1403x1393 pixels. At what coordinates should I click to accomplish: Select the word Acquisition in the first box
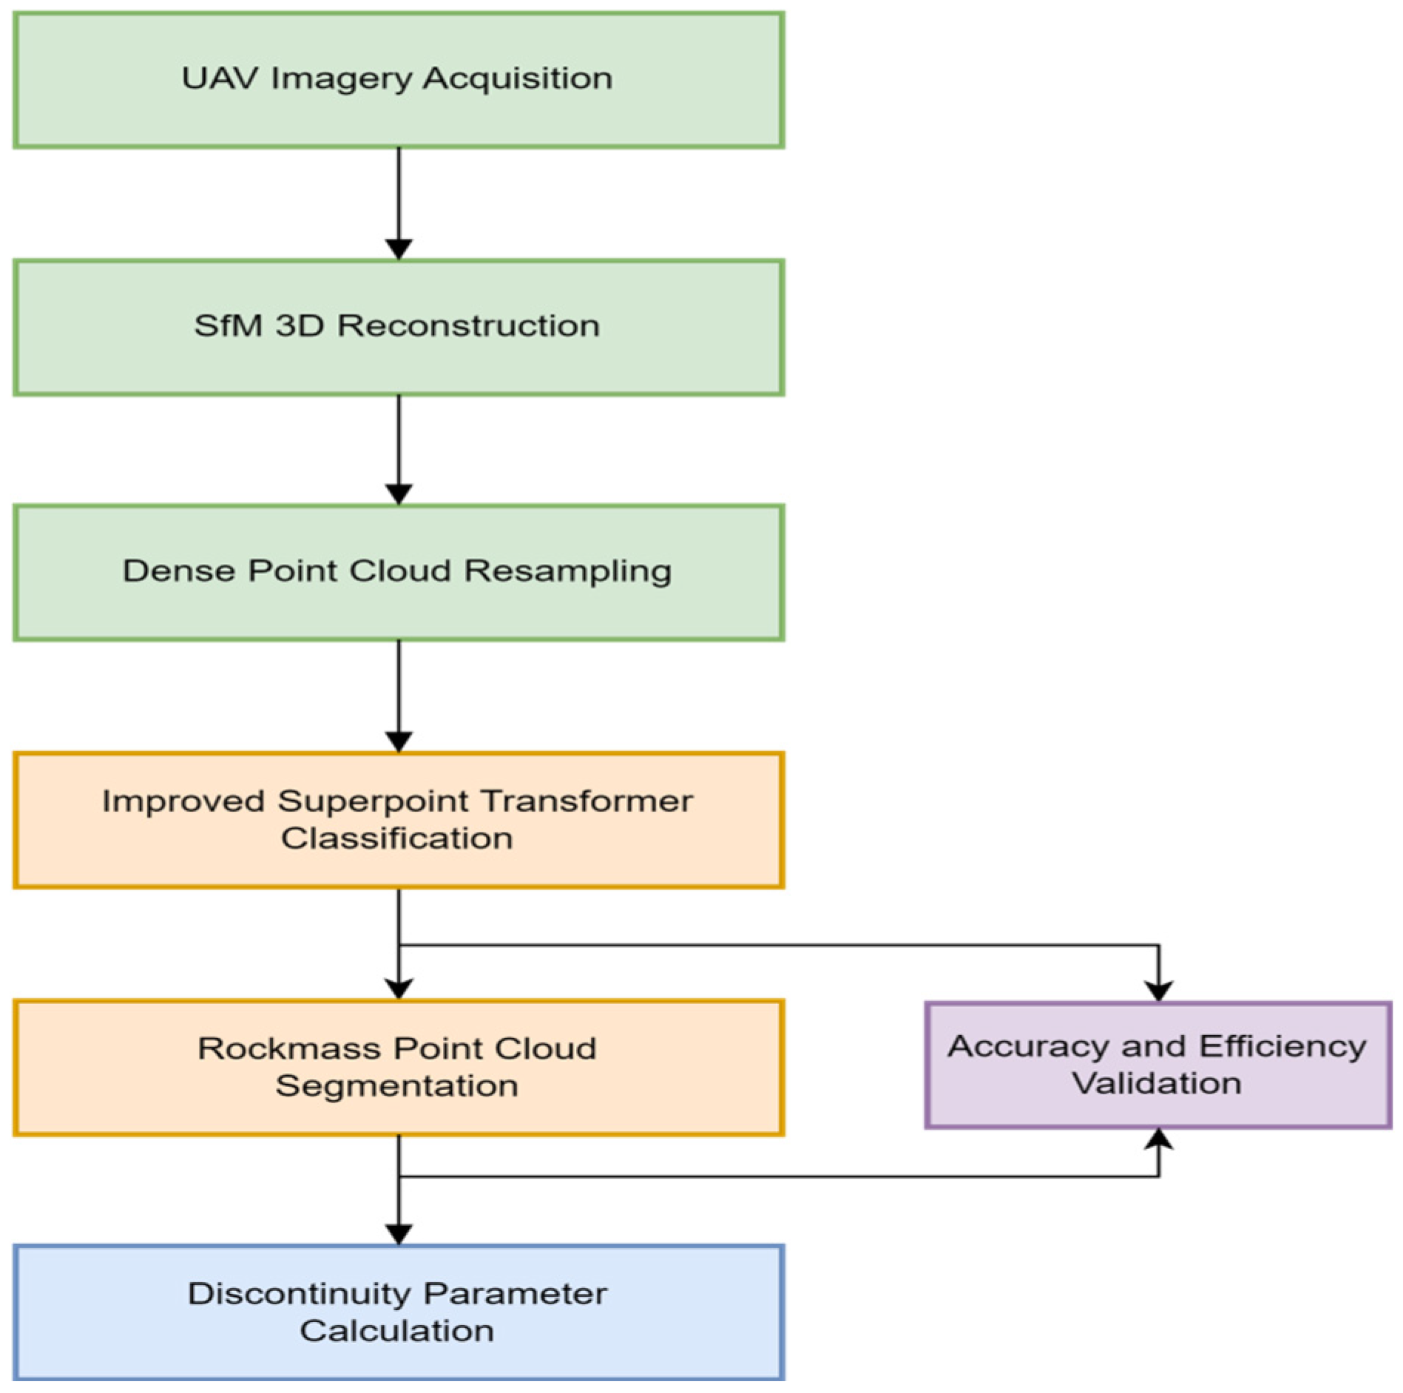tap(517, 78)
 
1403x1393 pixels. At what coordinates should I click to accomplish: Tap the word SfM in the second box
tap(228, 325)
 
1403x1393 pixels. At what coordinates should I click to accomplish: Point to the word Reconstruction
tap(468, 325)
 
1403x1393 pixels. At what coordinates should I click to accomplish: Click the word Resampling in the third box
tap(567, 572)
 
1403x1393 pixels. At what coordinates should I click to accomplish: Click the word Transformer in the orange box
tap(586, 801)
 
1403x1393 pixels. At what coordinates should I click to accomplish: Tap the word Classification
tap(396, 838)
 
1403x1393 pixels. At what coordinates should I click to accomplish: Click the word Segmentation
tap(396, 1085)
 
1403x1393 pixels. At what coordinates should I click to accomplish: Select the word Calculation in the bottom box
tap(396, 1331)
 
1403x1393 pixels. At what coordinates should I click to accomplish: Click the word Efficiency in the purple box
tap(1282, 1046)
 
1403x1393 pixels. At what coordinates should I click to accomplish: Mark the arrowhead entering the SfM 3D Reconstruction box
tap(399, 249)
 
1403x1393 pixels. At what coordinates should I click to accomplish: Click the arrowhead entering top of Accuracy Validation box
tap(1157, 992)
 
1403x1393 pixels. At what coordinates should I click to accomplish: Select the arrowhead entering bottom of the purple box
tap(1157, 1139)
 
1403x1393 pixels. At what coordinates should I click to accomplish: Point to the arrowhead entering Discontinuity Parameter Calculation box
tap(399, 1234)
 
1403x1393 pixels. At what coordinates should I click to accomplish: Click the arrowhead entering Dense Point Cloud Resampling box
tap(399, 494)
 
